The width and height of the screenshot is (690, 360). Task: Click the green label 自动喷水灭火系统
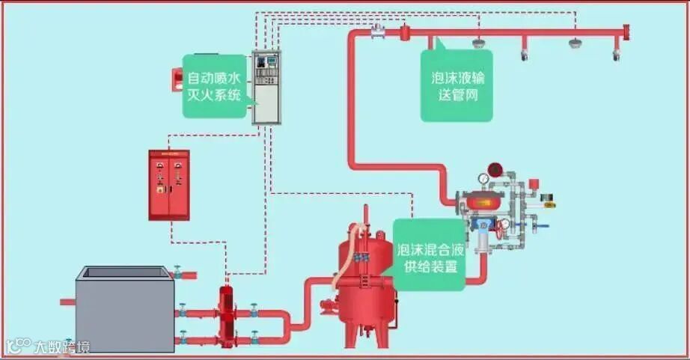[214, 86]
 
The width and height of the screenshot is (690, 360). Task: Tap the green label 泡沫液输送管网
[457, 86]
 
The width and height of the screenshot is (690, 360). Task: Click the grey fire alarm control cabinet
[265, 87]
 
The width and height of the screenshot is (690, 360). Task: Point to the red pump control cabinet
[169, 185]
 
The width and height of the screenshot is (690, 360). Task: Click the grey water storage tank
[125, 308]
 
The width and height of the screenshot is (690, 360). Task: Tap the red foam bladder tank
[365, 284]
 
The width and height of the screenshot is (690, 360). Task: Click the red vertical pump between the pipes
[225, 314]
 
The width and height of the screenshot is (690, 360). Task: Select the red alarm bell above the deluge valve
[494, 169]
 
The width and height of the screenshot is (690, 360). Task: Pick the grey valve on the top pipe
[377, 31]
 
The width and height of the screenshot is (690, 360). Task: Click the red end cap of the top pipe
[626, 33]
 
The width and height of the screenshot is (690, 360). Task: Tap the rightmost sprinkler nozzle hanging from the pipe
[617, 54]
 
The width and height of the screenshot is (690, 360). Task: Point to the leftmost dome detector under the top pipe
[477, 43]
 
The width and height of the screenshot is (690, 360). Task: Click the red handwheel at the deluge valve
[504, 223]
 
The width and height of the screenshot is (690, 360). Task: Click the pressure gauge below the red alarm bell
[484, 180]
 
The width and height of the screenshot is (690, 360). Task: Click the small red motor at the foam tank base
[327, 306]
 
